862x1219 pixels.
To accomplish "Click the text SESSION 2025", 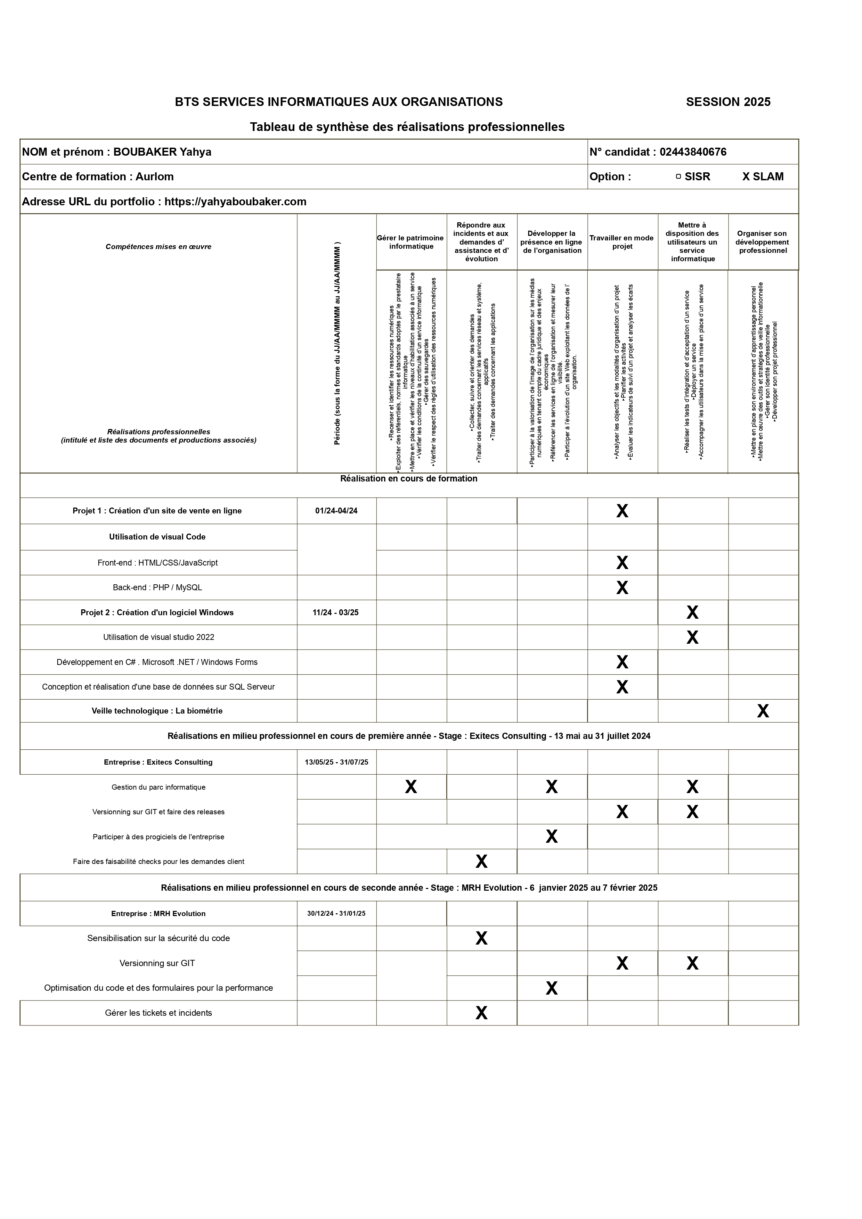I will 727,102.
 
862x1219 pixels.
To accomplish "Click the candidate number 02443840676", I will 693,152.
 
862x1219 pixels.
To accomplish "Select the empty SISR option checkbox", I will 678,177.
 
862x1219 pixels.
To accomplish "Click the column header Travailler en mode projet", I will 621,242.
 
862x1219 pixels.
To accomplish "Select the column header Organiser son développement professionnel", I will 762,242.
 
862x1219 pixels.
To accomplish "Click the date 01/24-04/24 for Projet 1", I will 336,511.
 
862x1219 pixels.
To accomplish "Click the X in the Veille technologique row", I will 763,711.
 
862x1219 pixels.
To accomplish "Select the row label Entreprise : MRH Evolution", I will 158,914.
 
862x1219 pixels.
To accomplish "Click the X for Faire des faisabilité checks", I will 481,862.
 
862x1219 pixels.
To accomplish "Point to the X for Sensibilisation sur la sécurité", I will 481,939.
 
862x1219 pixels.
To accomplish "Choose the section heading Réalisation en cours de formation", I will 408,479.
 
